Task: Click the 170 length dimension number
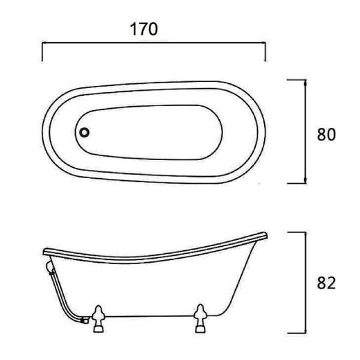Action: tap(145, 28)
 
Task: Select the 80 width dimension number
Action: tap(326, 134)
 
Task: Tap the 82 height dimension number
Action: tap(326, 282)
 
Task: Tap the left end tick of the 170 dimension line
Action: tap(42, 52)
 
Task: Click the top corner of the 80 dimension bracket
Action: tap(307, 80)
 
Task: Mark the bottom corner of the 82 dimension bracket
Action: tap(307, 334)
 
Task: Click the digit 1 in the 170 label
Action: tap(133, 28)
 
